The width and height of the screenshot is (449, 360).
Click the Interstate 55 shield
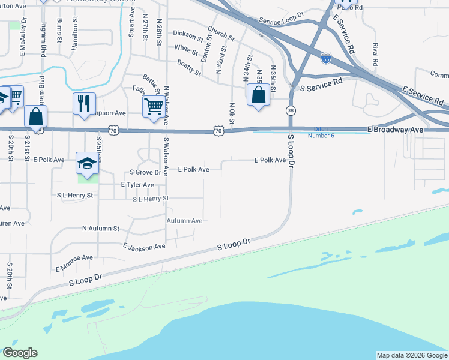[x=325, y=59]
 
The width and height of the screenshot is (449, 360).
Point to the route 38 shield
[x=291, y=110]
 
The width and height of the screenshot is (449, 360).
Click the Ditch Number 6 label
[x=322, y=132]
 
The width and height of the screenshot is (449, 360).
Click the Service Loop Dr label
[x=282, y=17]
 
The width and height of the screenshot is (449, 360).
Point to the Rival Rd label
[x=375, y=55]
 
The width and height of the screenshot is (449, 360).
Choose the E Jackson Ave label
[x=143, y=247]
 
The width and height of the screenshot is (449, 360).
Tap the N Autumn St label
[x=101, y=229]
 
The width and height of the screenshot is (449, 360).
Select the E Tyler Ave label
[x=138, y=185]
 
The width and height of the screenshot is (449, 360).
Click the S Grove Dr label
[x=142, y=172]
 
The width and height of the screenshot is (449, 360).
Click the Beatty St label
[x=188, y=67]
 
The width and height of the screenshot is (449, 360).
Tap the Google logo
[x=20, y=353]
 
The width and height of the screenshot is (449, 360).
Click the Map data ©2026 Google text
[x=411, y=355]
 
